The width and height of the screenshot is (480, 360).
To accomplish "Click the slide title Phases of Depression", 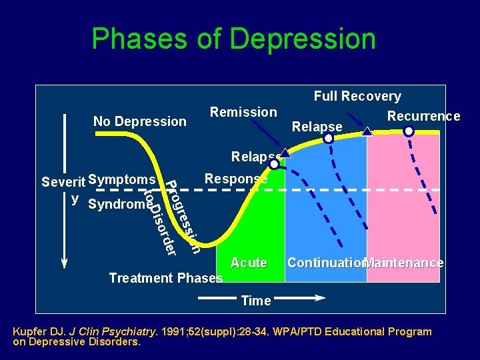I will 233,39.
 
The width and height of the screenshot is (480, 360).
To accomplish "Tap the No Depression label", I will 139,121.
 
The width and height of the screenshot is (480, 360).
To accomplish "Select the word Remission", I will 243,112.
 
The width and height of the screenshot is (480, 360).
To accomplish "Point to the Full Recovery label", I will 357,97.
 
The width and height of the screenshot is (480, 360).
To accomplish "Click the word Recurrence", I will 423,116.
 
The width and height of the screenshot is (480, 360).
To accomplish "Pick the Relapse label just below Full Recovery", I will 317,127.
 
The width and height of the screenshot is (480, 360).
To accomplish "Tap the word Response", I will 236,179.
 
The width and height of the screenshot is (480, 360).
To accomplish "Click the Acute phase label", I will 249,263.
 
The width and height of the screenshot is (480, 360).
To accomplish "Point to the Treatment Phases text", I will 165,278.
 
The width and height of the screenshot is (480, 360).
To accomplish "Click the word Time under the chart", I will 256,301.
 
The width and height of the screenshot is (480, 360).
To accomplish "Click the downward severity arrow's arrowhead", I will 65,263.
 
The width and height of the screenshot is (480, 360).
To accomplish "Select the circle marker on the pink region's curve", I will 408,131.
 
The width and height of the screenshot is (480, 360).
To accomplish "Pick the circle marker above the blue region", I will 328,139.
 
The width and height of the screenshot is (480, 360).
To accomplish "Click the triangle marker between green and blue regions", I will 285,153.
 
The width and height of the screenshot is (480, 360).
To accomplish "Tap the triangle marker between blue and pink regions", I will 367,132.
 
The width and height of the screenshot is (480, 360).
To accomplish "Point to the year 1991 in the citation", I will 184,331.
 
